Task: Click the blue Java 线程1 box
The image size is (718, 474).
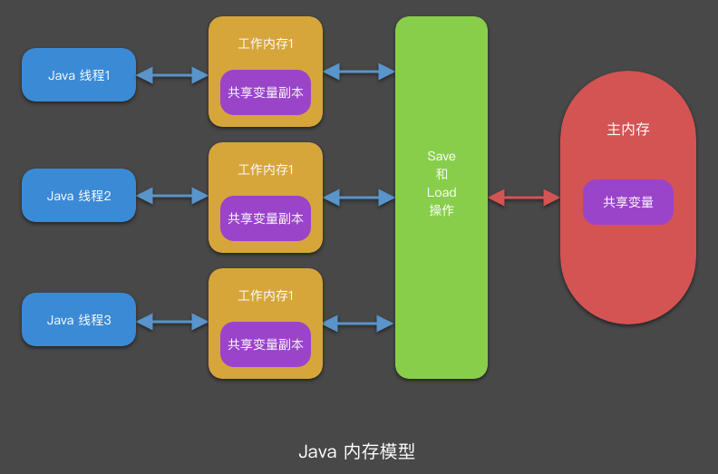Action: [x=79, y=75]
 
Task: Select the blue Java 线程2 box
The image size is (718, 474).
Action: [x=79, y=196]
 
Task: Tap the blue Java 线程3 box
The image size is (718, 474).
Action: [x=79, y=320]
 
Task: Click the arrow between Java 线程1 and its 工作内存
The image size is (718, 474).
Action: [x=172, y=75]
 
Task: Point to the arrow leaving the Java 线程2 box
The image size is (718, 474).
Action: [x=172, y=195]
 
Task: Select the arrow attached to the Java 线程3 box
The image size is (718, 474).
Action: [x=172, y=320]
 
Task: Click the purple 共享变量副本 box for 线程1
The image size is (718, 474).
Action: [x=266, y=92]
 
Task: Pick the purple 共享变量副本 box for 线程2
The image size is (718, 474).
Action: [x=266, y=218]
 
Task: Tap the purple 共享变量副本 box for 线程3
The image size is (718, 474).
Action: [x=266, y=344]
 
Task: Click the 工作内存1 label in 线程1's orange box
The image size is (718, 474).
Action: [x=266, y=44]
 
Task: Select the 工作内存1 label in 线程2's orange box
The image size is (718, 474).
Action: [x=266, y=169]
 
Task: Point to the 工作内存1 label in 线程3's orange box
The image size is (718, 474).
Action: [x=266, y=295]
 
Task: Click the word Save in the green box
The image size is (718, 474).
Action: [x=441, y=157]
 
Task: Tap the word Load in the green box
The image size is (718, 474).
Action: [x=441, y=192]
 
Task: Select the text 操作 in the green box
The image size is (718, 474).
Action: [x=441, y=210]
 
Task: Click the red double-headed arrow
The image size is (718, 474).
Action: [x=524, y=197]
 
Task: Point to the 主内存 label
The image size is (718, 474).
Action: [x=628, y=129]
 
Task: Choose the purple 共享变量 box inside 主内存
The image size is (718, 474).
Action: [x=628, y=202]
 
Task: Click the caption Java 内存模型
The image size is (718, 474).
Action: [x=356, y=451]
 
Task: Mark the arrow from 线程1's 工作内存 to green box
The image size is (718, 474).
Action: [x=359, y=70]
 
